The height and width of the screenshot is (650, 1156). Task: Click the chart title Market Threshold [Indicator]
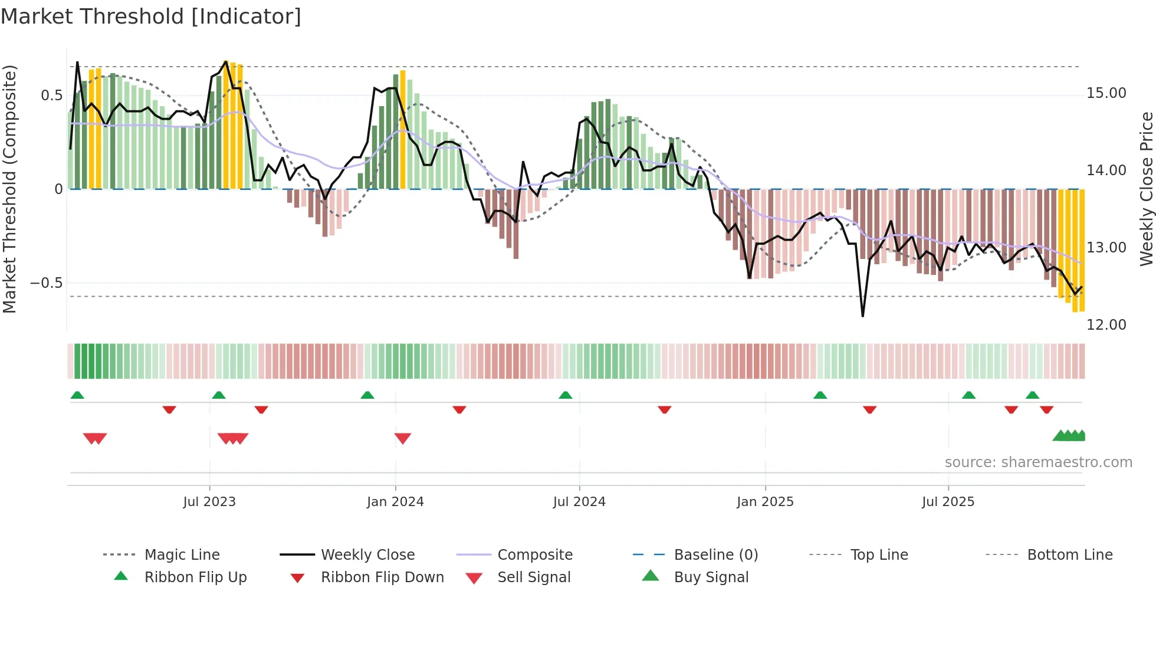[x=151, y=17]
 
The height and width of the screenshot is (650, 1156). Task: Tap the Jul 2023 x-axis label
[x=209, y=502]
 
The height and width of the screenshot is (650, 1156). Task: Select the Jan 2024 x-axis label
[x=395, y=502]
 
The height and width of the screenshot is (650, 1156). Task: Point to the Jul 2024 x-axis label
[x=579, y=502]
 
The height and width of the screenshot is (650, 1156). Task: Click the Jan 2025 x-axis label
[x=765, y=502]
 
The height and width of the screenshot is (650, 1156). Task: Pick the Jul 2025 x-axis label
[x=948, y=502]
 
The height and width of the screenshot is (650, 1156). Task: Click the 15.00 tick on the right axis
[x=1106, y=93]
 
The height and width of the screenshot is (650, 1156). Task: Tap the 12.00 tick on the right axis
[x=1106, y=325]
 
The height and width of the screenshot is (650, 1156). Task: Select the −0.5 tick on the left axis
[x=46, y=283]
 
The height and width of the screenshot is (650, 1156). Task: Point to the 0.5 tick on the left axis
[x=51, y=96]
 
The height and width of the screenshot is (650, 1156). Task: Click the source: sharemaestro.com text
[x=1038, y=462]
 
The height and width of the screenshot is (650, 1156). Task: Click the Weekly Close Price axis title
[x=1146, y=189]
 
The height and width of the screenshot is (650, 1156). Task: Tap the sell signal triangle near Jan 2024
[x=403, y=438]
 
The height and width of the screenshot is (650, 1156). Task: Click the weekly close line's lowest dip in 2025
[x=863, y=316]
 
